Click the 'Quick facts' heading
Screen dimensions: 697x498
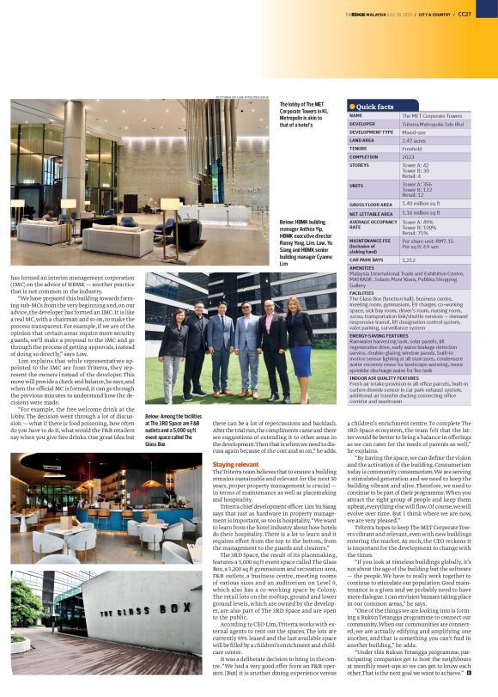[375, 107]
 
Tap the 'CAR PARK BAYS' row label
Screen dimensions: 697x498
[367, 260]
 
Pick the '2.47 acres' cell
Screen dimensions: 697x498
[415, 140]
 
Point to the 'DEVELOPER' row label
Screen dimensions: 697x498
[363, 124]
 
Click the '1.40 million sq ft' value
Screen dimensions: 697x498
[420, 204]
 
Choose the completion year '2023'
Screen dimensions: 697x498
[409, 156]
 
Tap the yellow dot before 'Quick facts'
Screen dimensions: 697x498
[351, 107]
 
